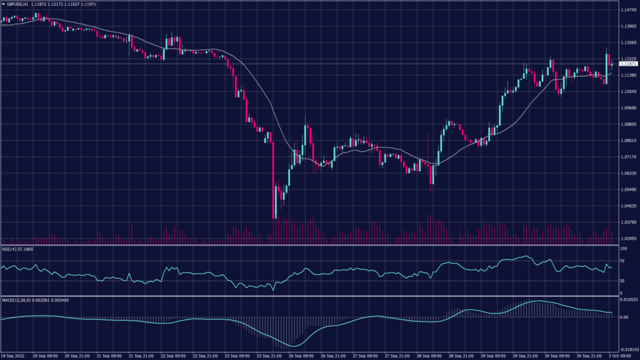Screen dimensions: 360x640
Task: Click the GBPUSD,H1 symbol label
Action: tap(21, 4)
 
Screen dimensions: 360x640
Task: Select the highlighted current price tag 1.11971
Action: tap(627, 64)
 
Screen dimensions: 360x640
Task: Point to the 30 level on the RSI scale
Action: tap(622, 281)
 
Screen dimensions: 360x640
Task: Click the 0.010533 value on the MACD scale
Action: tap(627, 301)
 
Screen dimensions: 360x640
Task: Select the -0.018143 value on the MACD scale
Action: tap(627, 350)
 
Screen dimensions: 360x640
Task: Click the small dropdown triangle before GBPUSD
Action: tap(4, 4)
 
